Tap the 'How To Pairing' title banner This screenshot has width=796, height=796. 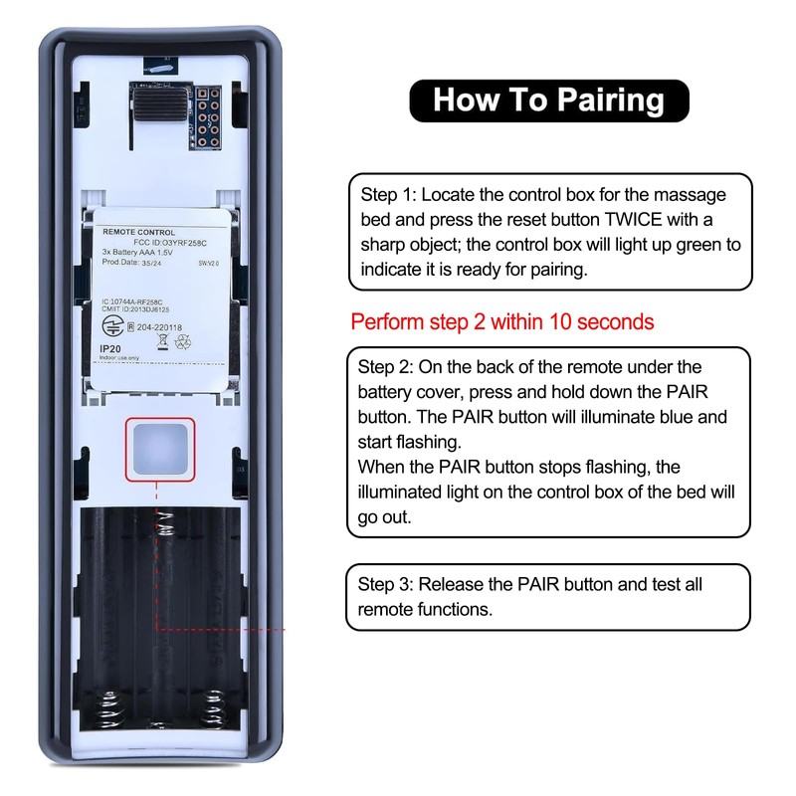(549, 100)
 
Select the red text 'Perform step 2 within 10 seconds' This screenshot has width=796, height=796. (502, 322)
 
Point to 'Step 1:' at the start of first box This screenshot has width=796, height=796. (384, 194)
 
